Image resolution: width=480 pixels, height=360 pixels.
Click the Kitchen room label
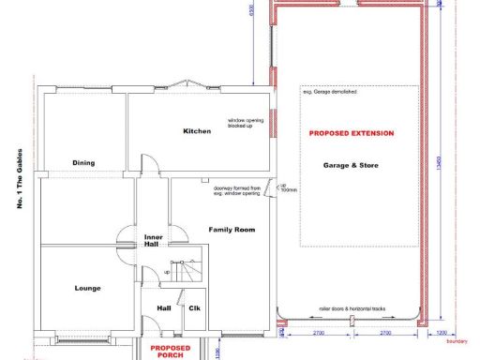197,131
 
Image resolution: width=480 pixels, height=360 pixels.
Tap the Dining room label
83,163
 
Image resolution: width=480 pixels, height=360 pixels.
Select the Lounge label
87,288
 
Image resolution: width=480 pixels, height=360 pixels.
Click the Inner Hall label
154,241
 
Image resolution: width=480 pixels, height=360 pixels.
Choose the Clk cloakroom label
195,307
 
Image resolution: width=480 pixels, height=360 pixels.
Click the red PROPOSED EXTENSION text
352,134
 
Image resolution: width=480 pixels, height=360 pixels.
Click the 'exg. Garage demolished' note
329,92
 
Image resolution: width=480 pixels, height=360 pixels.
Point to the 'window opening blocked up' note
246,124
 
